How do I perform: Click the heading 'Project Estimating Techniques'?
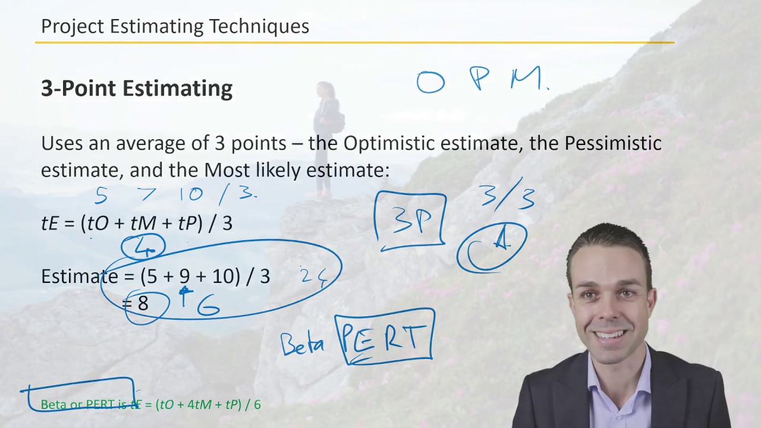pyautogui.click(x=175, y=27)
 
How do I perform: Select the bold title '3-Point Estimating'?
pyautogui.click(x=137, y=89)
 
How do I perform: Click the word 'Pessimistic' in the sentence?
pyautogui.click(x=612, y=143)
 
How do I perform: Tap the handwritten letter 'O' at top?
pyautogui.click(x=430, y=82)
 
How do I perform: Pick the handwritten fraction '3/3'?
pyautogui.click(x=508, y=194)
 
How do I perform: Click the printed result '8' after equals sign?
pyautogui.click(x=143, y=304)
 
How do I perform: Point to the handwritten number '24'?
pyautogui.click(x=313, y=277)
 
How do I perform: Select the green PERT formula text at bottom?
pyautogui.click(x=150, y=405)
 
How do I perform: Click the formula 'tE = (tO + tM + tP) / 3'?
pyautogui.click(x=137, y=224)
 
